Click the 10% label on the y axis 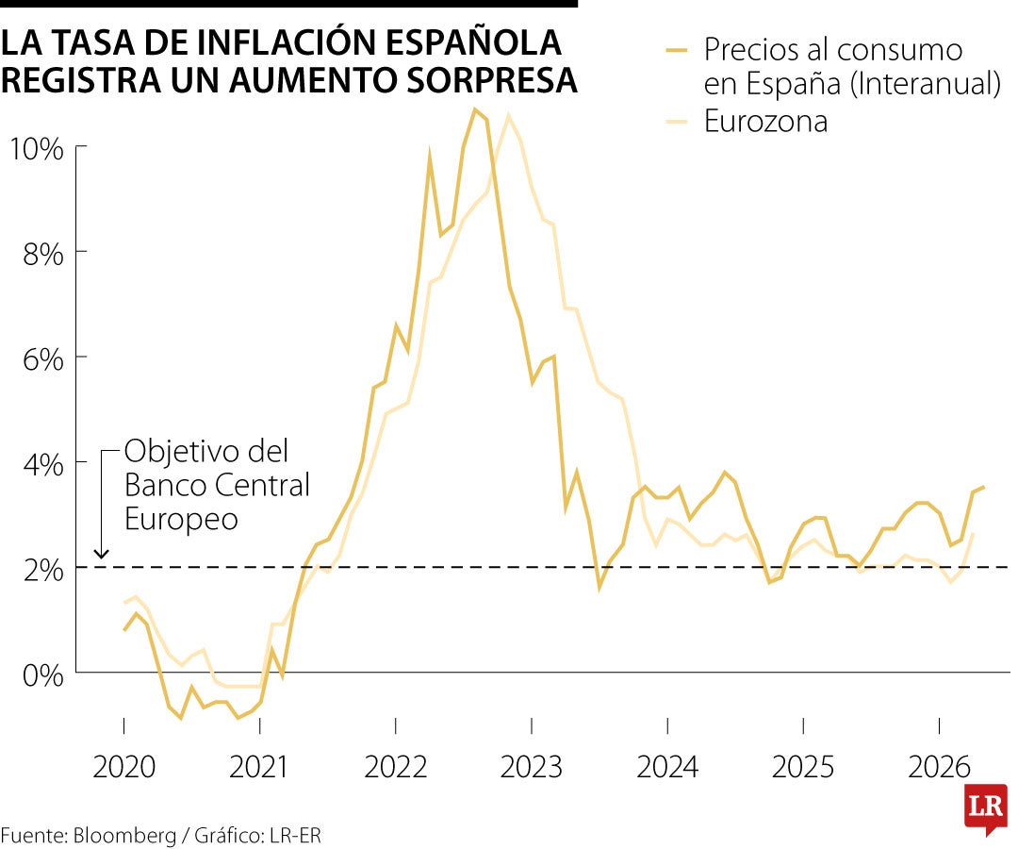click(x=35, y=148)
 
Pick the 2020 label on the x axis click(x=123, y=767)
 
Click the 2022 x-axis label click(x=396, y=767)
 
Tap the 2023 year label click(x=532, y=767)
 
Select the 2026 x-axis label click(x=939, y=767)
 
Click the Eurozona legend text click(x=765, y=121)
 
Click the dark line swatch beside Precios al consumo click(x=679, y=49)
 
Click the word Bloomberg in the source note click(x=129, y=835)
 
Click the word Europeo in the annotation click(x=181, y=519)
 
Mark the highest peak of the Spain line click(x=475, y=109)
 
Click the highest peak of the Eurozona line click(x=509, y=115)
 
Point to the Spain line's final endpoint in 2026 click(x=984, y=487)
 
